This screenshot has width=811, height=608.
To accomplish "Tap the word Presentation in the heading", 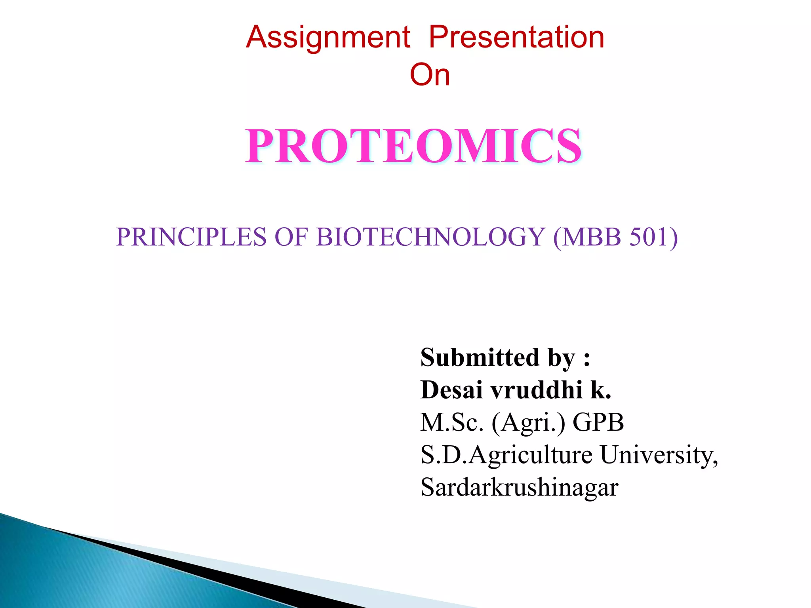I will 516,37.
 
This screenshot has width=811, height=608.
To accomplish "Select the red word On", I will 430,75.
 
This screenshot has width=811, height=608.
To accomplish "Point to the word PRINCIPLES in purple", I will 191,237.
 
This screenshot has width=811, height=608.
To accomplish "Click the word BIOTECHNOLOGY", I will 430,237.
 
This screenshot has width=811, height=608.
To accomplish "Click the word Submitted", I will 480,357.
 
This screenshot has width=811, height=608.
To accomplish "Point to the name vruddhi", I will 537,390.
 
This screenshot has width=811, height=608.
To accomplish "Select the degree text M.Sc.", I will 452,422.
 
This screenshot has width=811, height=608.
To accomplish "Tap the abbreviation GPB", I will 598,422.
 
